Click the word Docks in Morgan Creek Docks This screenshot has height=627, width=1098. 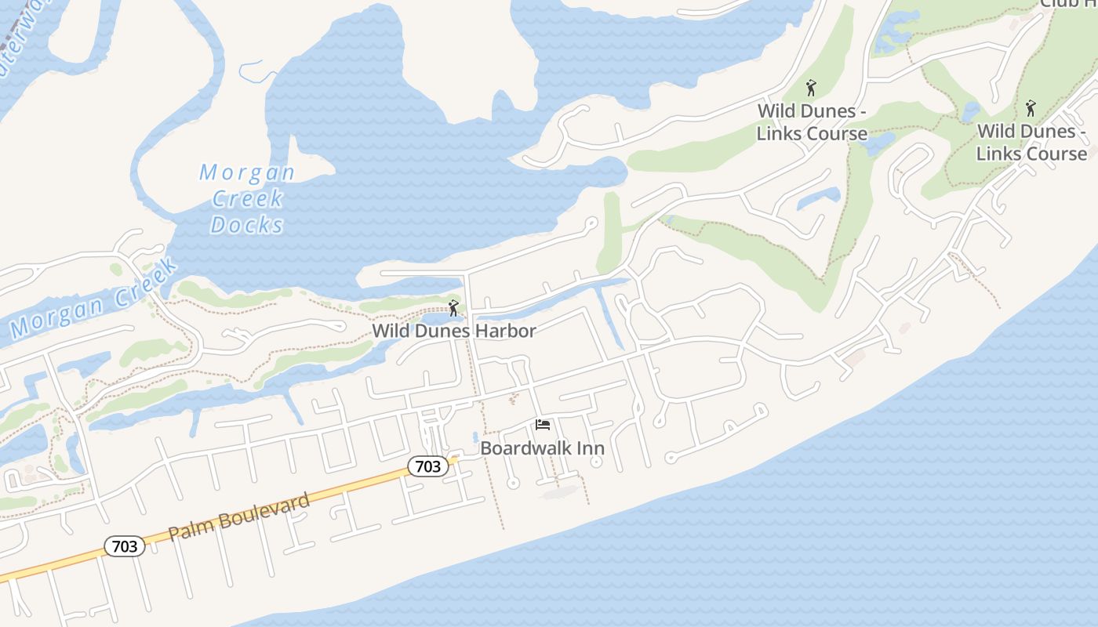coord(246,225)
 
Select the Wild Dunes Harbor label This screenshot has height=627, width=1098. coord(454,331)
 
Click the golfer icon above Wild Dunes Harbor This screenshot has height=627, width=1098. coord(453,308)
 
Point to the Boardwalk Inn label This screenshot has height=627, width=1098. coord(542,448)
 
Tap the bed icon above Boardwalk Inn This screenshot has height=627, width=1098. coord(542,426)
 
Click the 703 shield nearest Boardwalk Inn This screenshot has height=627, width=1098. coord(427,466)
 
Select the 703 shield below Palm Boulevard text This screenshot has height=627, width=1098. coord(125,546)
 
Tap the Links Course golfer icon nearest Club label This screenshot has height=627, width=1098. coord(1031,107)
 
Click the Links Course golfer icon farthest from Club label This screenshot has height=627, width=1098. coord(811,88)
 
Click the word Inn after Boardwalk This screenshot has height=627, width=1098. coord(591,448)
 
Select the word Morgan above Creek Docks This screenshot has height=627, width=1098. coord(246,172)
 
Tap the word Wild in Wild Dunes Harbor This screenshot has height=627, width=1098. coord(390,331)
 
